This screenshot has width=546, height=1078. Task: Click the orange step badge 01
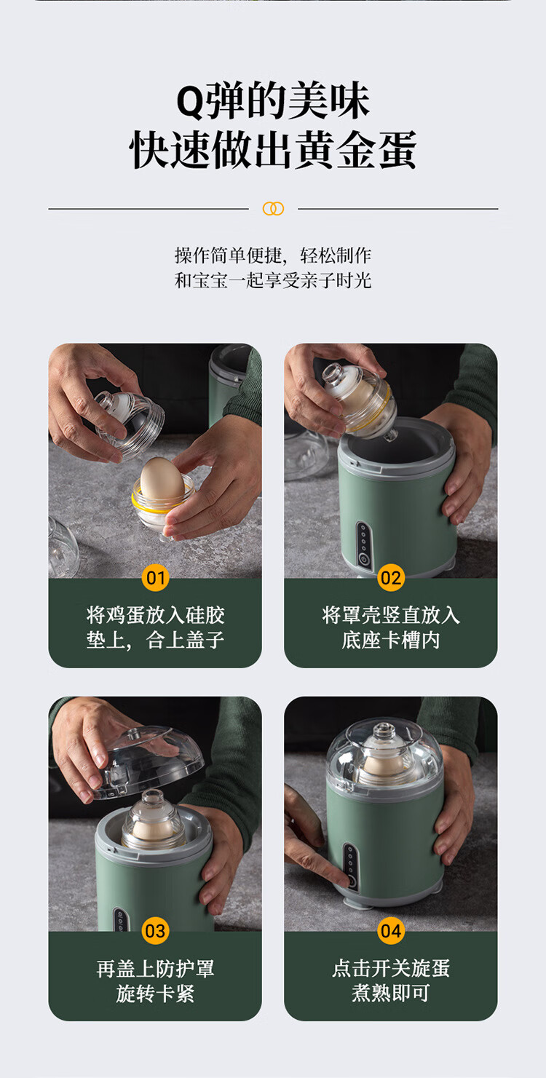tap(156, 577)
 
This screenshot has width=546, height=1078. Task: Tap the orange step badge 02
tap(390, 577)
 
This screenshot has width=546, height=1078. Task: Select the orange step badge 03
tap(156, 931)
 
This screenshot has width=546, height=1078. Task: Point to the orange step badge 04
tap(390, 931)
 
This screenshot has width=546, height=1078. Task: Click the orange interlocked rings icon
tap(273, 208)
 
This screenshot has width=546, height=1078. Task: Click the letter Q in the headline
tap(191, 103)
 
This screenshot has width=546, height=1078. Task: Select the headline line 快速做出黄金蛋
tap(273, 149)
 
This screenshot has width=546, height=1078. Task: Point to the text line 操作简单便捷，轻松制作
tap(273, 255)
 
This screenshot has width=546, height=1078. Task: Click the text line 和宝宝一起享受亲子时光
tap(273, 280)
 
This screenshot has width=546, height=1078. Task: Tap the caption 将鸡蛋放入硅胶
tap(156, 615)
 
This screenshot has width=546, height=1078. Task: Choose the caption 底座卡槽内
tap(390, 640)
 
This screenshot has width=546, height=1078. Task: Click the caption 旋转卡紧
tap(156, 993)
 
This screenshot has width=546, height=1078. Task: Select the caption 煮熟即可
tap(390, 993)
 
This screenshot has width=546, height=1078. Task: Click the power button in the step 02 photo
tap(363, 559)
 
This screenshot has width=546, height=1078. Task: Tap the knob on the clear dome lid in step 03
tap(133, 733)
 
